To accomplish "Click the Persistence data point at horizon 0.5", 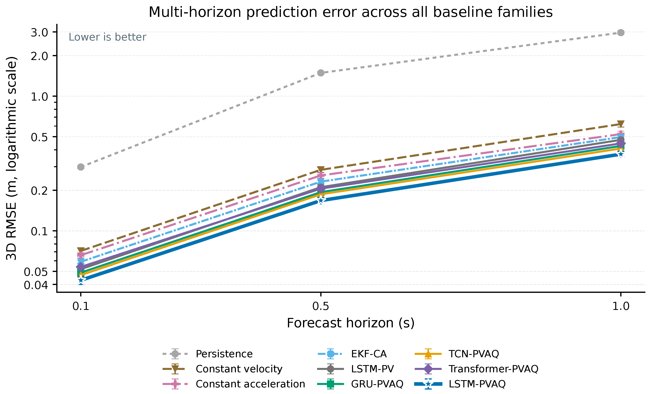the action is click(x=321, y=73).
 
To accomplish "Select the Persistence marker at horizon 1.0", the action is click(x=621, y=33).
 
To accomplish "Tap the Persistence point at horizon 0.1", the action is click(x=81, y=167).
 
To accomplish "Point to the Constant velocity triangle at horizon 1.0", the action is click(x=621, y=124).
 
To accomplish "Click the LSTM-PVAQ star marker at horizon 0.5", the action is click(x=321, y=201).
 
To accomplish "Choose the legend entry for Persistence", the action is click(x=224, y=354).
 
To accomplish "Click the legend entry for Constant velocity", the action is click(x=239, y=369).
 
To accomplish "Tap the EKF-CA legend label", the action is click(x=369, y=354).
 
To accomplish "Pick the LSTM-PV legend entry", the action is click(x=373, y=369).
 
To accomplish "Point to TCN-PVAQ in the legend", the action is click(x=474, y=354).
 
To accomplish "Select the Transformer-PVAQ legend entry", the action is click(x=493, y=369).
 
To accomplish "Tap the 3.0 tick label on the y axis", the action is click(x=39, y=33).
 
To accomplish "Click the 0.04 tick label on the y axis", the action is click(x=36, y=285).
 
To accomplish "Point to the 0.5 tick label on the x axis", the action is click(x=321, y=306).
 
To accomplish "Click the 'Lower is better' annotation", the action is click(x=107, y=37).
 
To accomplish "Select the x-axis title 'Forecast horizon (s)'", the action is click(x=351, y=323).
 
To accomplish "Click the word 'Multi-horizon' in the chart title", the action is click(x=195, y=12).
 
